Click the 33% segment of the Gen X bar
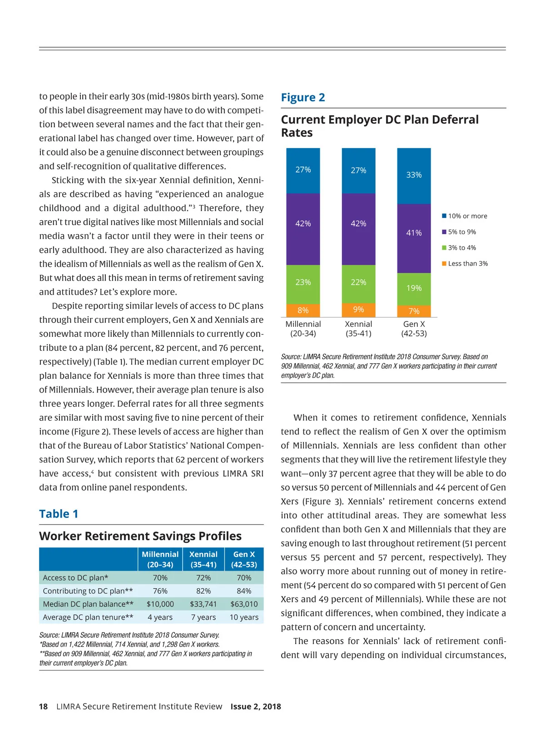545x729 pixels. point(414,175)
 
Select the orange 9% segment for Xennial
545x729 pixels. point(358,310)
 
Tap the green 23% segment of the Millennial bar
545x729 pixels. point(303,283)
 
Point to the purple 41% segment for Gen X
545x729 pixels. point(414,233)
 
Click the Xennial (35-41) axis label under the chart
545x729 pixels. point(358,329)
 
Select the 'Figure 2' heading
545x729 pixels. point(303,98)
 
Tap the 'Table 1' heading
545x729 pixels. point(59,514)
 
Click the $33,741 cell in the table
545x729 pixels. point(203,604)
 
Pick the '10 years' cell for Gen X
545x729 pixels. point(244,617)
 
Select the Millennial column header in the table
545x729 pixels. point(160,559)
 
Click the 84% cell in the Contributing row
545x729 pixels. point(244,591)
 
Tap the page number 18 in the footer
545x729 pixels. point(43,706)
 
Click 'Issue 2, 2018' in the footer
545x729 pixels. point(256,706)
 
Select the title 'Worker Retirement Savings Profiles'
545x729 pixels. point(140,536)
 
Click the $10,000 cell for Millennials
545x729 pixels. point(160,604)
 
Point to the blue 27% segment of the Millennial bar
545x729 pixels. point(303,170)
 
